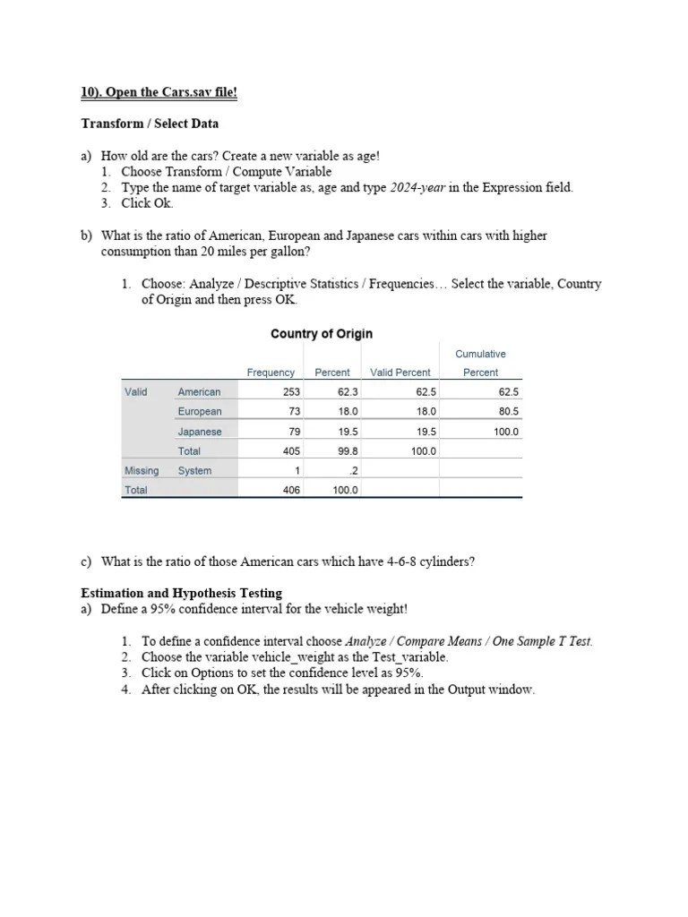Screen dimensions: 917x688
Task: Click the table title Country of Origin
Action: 322,334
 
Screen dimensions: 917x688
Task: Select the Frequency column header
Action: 271,373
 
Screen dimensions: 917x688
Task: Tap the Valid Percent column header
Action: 400,373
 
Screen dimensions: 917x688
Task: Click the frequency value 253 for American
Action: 291,392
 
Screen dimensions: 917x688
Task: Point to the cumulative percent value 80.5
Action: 509,412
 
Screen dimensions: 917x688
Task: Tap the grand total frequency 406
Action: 291,491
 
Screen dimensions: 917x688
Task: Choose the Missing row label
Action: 142,471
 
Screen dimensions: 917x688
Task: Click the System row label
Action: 194,471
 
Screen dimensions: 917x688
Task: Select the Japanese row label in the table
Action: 199,432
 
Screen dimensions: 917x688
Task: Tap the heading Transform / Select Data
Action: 150,124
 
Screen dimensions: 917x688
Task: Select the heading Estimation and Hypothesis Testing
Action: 181,593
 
